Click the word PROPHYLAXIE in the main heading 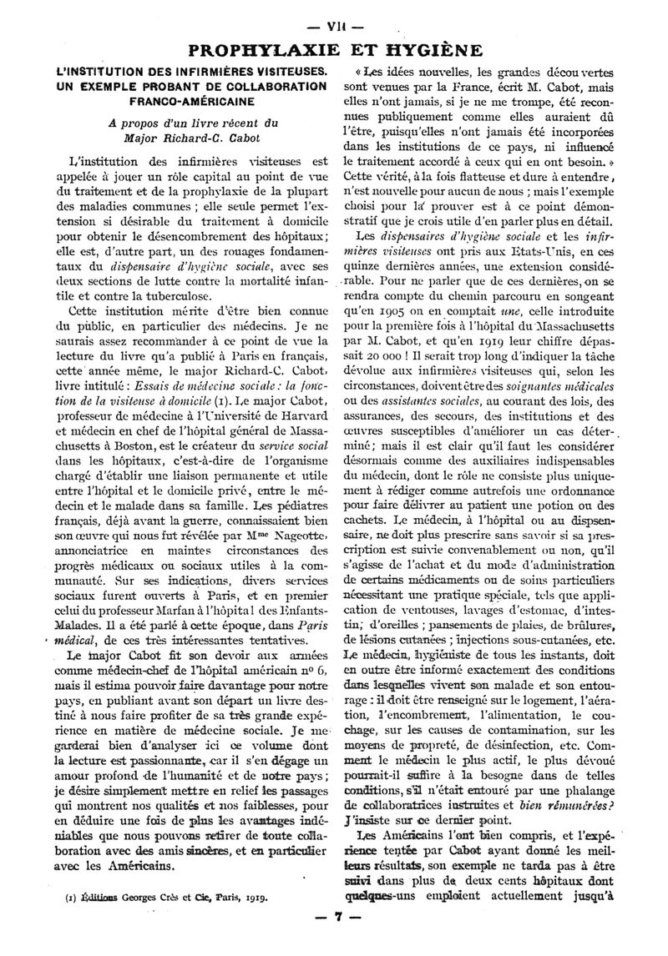tap(268, 49)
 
